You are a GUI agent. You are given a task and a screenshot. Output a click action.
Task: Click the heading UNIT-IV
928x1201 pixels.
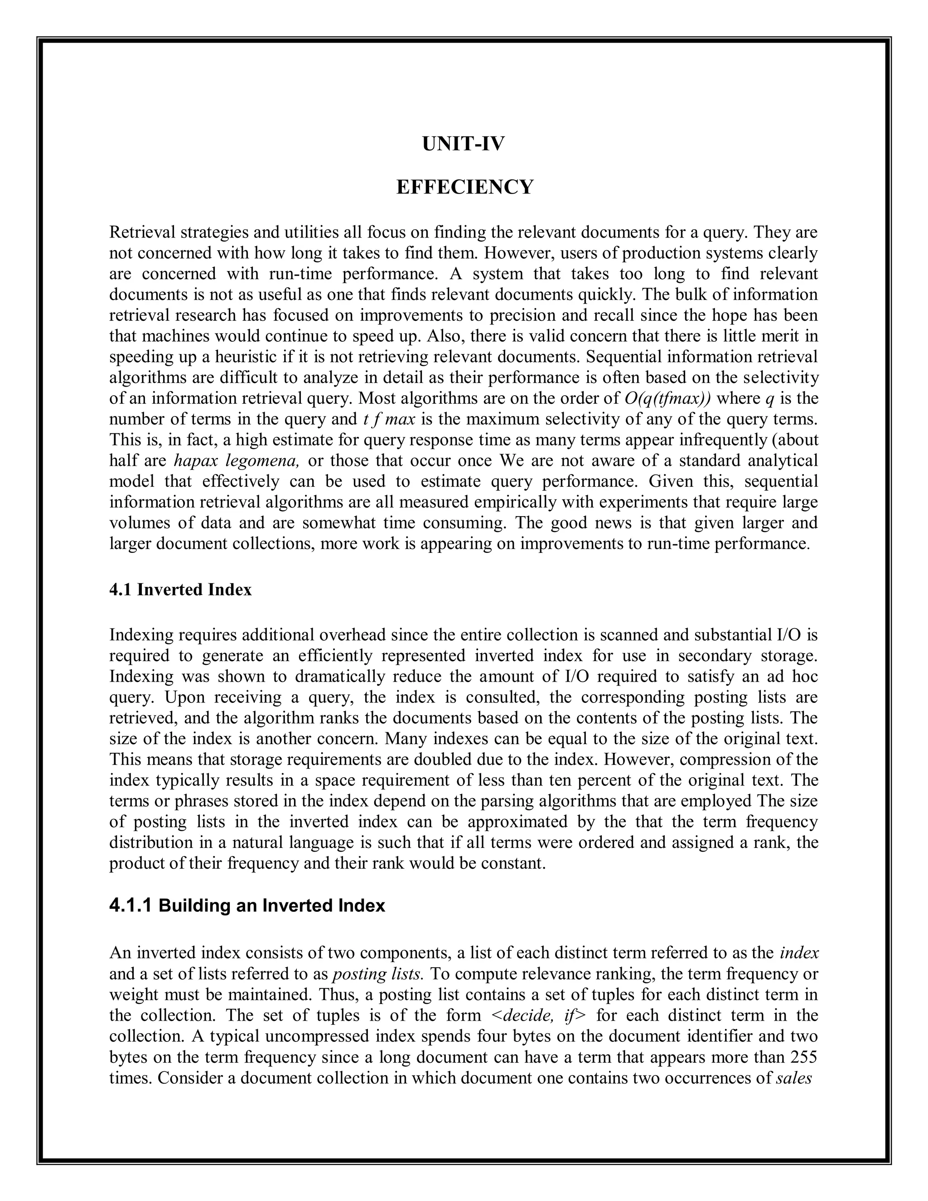[x=464, y=144]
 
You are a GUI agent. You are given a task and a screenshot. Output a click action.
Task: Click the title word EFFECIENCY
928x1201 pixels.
[x=464, y=187]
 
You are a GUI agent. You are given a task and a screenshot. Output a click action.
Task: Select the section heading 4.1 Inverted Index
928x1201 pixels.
[x=180, y=590]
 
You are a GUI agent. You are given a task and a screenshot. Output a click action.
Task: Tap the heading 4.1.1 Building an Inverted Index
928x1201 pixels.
[x=247, y=905]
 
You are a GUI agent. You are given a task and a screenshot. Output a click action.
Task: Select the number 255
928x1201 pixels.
[x=804, y=1057]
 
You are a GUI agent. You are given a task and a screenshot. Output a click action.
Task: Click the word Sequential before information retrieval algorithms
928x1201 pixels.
[x=619, y=357]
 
